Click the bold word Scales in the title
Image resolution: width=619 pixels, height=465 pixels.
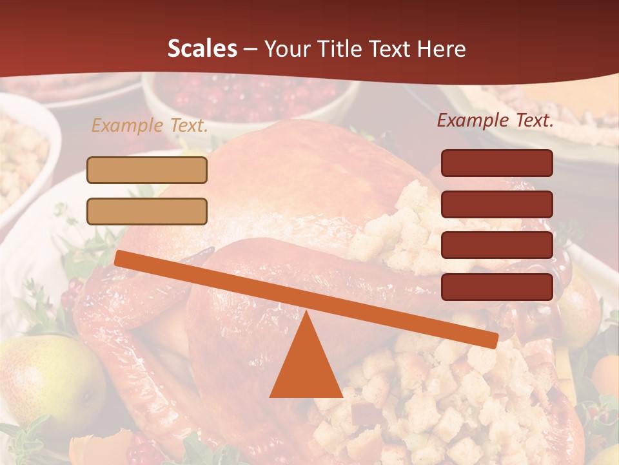202,49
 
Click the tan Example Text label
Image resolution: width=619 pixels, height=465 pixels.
150,125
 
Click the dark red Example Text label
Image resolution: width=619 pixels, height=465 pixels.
495,120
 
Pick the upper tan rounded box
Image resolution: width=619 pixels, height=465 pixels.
147,170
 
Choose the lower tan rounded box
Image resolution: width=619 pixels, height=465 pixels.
147,211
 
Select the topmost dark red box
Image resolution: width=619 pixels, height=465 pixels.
496,163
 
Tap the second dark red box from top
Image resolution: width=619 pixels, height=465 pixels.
496,204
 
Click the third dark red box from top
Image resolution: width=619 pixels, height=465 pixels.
496,245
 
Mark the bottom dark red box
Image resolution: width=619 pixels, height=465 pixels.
496,287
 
